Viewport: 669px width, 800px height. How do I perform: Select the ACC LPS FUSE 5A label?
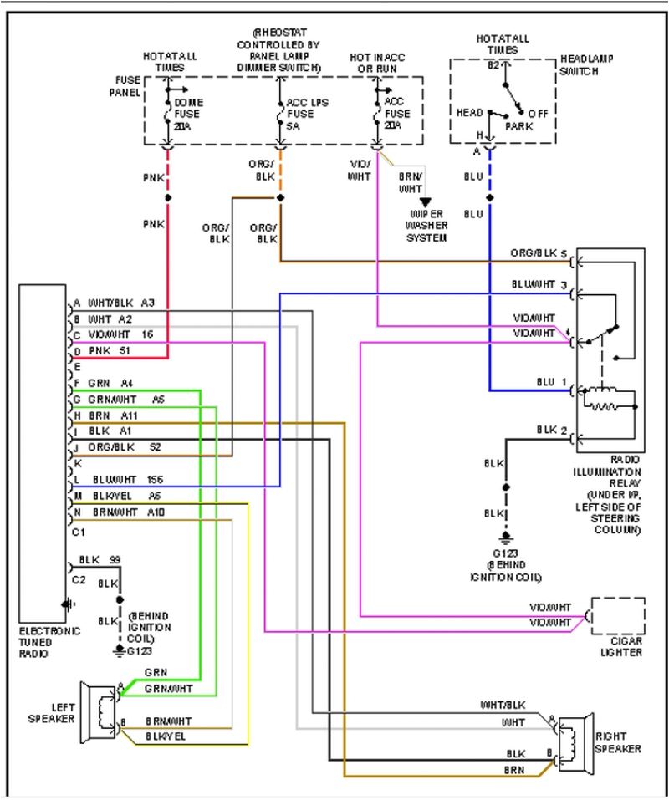[299, 113]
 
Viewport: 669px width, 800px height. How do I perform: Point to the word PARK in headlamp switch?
[518, 126]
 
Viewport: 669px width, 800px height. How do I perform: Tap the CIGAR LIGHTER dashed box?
[618, 617]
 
